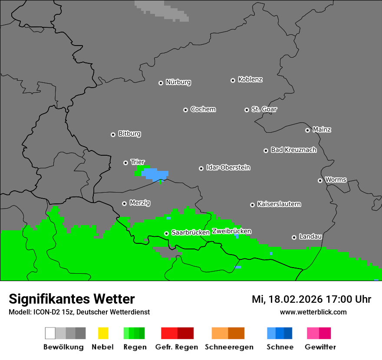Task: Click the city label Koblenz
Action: (250, 80)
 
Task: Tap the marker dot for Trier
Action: (125, 163)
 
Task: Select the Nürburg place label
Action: (178, 82)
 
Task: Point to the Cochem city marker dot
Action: (185, 110)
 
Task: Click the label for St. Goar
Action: (264, 109)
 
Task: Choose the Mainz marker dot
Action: (307, 130)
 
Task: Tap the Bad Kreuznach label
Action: (293, 150)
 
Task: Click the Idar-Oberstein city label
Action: (228, 167)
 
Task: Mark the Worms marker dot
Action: (320, 180)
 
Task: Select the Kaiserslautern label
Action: (279, 204)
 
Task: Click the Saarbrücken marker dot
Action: (166, 233)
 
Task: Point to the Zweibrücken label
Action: (231, 231)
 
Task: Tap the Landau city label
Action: (310, 237)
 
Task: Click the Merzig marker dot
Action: (124, 203)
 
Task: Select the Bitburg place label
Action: (129, 134)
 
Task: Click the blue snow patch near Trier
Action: (155, 174)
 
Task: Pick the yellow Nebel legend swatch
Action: (103, 333)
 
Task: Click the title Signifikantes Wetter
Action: (72, 299)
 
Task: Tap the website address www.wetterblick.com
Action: (313, 312)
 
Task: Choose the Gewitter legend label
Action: (320, 347)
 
